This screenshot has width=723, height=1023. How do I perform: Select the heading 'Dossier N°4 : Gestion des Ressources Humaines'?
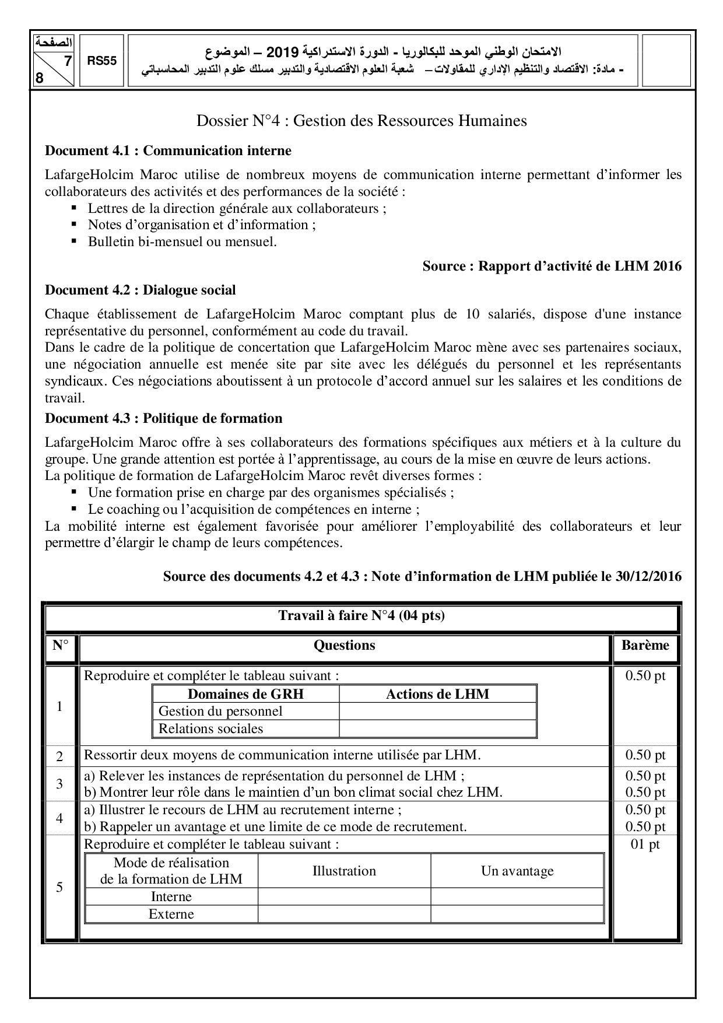pos(361,121)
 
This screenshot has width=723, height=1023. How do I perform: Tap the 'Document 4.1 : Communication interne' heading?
pos(168,151)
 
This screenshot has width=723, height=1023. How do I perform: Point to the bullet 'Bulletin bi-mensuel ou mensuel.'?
pos(182,241)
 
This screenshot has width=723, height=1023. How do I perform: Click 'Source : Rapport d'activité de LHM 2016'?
pos(552,267)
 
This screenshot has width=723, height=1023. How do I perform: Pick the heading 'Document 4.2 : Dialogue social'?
pos(141,290)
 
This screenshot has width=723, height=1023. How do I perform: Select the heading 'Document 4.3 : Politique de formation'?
pos(164,418)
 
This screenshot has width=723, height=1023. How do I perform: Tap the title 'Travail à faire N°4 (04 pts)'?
pos(361,616)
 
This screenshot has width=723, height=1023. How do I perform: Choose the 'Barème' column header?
pos(645,645)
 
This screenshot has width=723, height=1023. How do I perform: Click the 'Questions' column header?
pos(344,645)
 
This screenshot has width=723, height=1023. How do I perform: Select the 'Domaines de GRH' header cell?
pos(245,694)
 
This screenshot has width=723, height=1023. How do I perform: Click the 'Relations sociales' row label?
pos(210,728)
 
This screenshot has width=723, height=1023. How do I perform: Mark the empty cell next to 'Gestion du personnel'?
pos(437,712)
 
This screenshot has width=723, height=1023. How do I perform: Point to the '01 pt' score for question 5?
pos(645,844)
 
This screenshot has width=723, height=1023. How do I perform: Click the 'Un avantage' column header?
pos(517,871)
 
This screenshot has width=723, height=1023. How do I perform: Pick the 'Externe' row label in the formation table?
pos(171,914)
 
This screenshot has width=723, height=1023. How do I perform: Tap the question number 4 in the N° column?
pos(59,818)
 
